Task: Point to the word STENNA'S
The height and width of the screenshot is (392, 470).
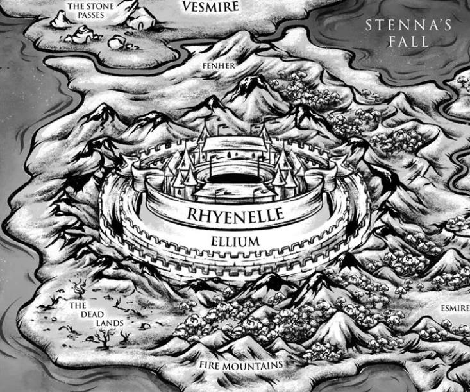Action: (409, 26)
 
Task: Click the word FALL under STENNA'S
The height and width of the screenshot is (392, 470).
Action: (408, 42)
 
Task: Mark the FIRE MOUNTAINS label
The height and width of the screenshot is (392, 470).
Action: (240, 365)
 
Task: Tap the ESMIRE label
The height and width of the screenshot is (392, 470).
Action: (455, 308)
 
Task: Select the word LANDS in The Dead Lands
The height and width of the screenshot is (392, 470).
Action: (110, 323)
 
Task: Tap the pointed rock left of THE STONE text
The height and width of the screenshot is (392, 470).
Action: (61, 19)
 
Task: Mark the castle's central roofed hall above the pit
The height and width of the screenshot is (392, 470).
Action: (233, 144)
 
